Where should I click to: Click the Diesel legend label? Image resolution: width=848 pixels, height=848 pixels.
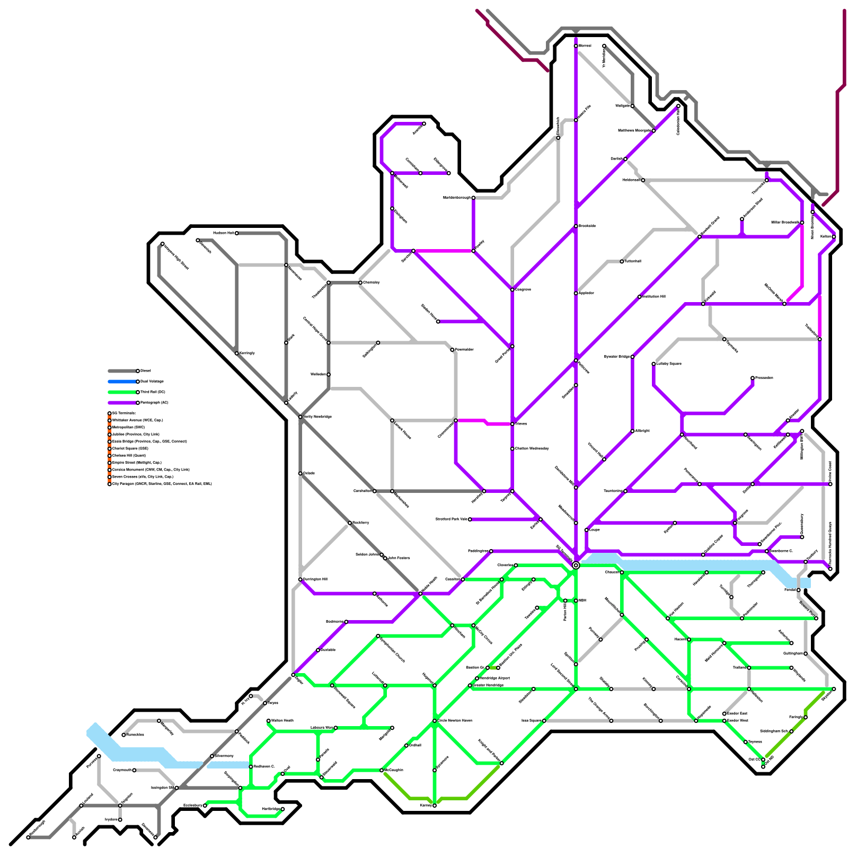click(x=145, y=371)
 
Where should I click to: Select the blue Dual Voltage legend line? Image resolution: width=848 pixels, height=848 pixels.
click(x=122, y=382)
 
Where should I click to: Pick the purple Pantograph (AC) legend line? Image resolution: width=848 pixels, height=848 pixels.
click(x=122, y=403)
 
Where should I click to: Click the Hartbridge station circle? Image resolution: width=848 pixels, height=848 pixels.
click(x=282, y=809)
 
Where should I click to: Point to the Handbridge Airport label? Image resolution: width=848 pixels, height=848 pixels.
click(x=494, y=678)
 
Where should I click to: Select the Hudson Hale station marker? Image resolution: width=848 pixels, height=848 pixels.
click(x=236, y=233)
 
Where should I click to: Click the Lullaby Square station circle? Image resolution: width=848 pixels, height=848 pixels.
click(x=653, y=364)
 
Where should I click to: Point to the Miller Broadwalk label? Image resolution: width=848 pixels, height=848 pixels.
click(x=785, y=223)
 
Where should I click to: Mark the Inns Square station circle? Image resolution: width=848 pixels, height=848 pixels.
click(x=544, y=720)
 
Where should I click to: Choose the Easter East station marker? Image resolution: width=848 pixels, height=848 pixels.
click(x=724, y=713)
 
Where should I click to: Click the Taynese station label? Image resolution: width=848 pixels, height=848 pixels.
click(x=755, y=741)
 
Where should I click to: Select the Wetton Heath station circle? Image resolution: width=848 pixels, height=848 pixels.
click(x=268, y=721)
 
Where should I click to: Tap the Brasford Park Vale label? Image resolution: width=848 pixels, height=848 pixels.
click(x=451, y=519)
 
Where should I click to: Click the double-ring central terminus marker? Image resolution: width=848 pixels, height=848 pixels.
click(x=576, y=566)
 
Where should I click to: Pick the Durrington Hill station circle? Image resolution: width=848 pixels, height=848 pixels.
click(x=300, y=579)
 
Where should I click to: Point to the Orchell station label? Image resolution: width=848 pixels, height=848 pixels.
click(x=415, y=745)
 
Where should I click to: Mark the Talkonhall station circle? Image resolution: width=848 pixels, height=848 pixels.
click(x=622, y=261)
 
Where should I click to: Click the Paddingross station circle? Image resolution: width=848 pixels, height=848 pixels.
click(x=491, y=551)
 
